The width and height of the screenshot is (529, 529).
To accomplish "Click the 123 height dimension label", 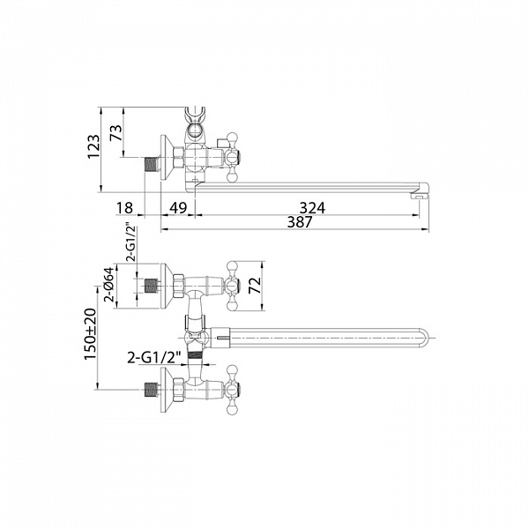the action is pos(93,146).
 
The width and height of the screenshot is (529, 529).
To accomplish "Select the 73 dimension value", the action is pos(115,133).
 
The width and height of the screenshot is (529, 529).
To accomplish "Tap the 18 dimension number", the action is pos(124,208).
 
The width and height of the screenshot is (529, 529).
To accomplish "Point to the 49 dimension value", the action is pos(178,208).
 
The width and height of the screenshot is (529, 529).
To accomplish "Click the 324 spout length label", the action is pos(312,208).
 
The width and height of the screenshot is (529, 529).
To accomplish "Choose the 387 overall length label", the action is pos(300,222).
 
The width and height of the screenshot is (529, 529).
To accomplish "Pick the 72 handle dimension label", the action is pos(256,286).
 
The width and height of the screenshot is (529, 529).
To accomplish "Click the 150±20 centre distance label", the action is pos(91,334).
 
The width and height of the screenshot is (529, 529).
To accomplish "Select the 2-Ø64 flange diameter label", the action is pos(109,285).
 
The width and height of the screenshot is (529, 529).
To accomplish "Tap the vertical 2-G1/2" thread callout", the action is pos(131,242).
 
